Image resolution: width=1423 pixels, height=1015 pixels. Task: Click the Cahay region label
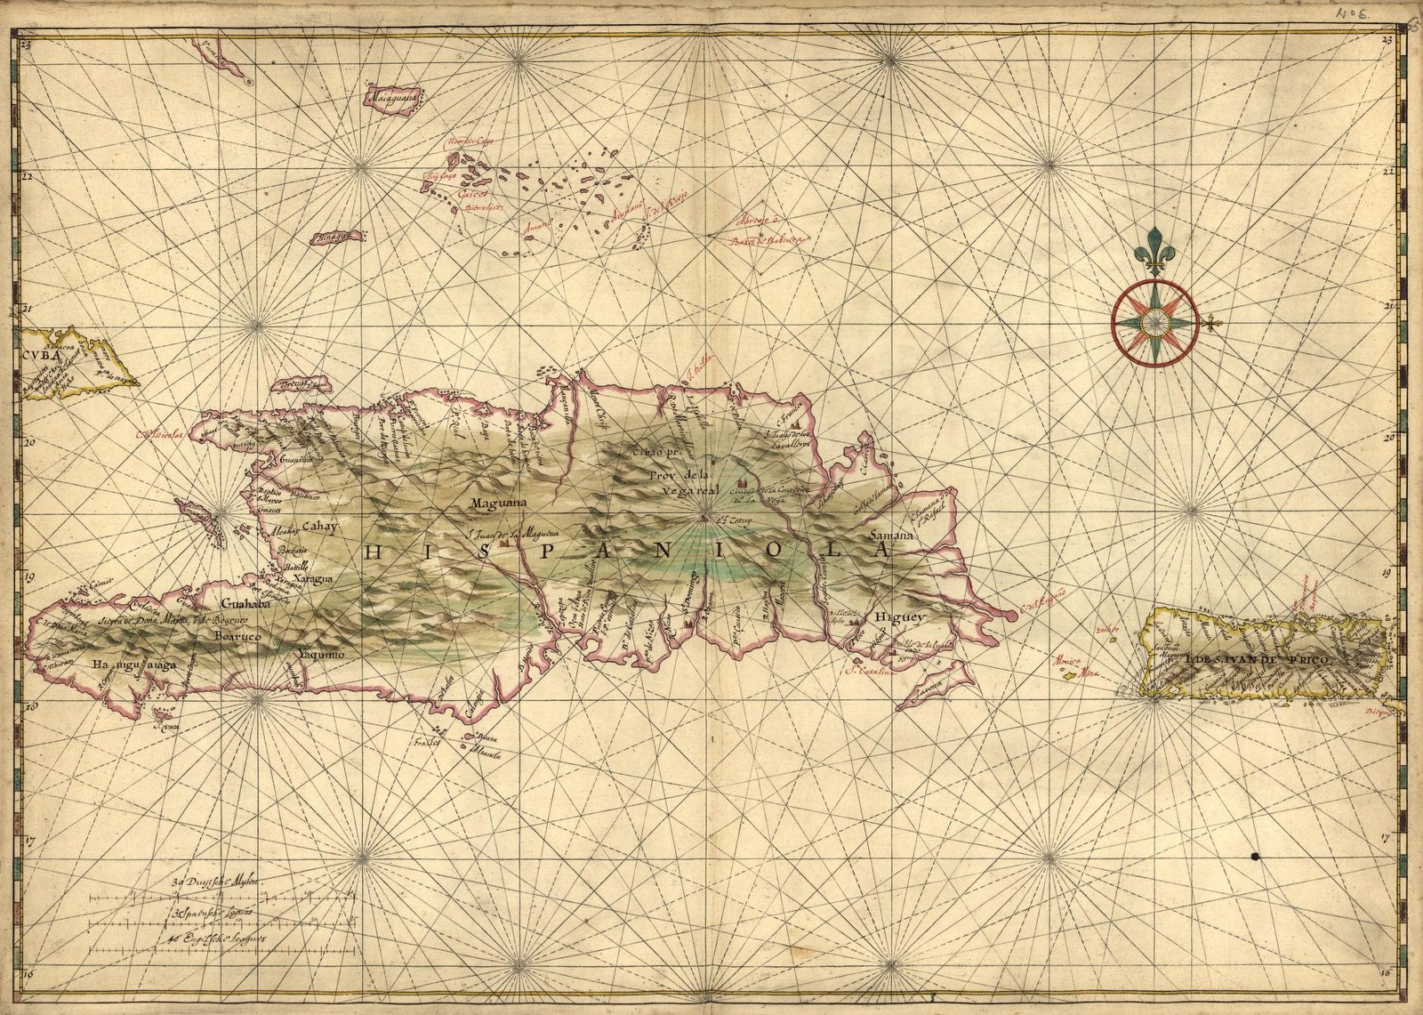tap(320, 527)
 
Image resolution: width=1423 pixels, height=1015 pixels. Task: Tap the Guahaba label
tap(241, 600)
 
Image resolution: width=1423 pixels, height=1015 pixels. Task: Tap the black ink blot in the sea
tap(1254, 857)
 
